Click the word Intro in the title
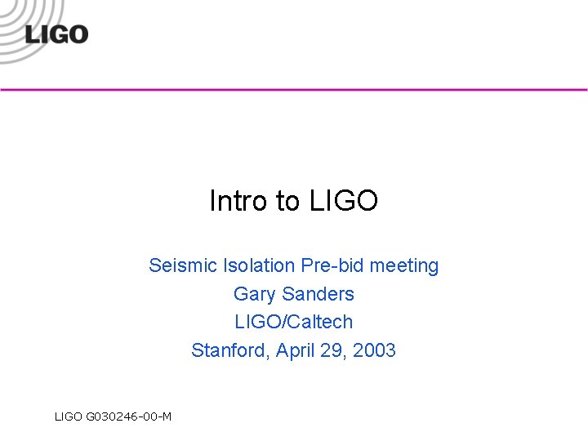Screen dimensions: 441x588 point(233,200)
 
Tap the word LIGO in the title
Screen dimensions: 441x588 point(344,200)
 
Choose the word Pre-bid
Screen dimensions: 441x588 point(332,265)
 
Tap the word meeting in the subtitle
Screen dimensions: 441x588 point(403,266)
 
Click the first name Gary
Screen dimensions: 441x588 point(252,294)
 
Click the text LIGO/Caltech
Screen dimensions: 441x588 point(294,322)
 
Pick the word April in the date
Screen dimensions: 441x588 point(295,351)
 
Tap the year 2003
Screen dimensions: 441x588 point(376,350)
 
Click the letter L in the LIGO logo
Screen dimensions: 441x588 point(31,35)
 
